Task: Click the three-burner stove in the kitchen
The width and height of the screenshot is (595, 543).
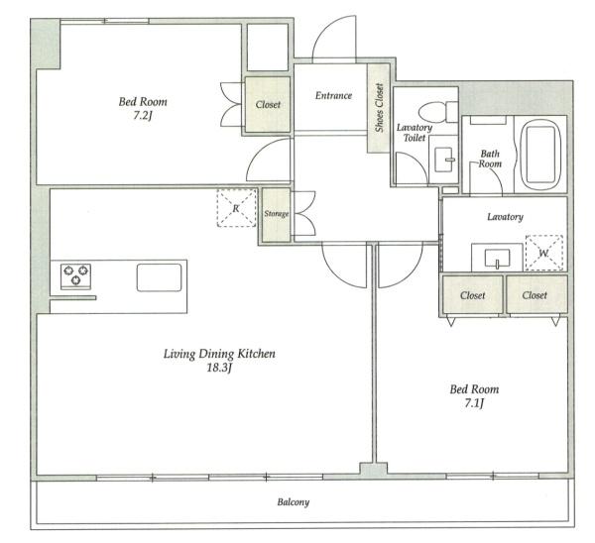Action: tap(75, 275)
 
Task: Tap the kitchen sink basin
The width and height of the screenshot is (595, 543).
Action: tap(159, 277)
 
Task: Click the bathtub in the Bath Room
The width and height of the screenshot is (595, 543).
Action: tap(540, 155)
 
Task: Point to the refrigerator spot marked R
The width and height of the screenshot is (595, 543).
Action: tap(236, 208)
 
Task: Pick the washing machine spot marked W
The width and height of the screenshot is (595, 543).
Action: tap(544, 253)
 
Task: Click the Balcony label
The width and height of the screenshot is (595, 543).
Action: tap(293, 502)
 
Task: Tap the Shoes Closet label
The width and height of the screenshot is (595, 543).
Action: tap(379, 108)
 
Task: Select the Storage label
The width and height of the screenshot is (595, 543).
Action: tap(277, 214)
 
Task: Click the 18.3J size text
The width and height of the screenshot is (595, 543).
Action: tap(219, 368)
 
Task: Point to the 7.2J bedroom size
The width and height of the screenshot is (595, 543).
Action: tap(142, 115)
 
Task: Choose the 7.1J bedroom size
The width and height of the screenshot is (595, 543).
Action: tap(474, 402)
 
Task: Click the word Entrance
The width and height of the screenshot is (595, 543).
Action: tap(333, 95)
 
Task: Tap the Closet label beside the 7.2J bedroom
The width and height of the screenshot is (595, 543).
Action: tap(268, 104)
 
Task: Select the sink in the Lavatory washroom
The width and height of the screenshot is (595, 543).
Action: tap(497, 258)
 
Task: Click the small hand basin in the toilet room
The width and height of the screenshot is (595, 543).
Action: tap(443, 160)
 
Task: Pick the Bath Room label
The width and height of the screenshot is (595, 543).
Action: tap(490, 159)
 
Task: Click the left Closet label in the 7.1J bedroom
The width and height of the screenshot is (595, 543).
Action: tap(472, 295)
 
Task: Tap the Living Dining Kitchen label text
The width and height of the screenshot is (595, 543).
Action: tap(219, 354)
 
